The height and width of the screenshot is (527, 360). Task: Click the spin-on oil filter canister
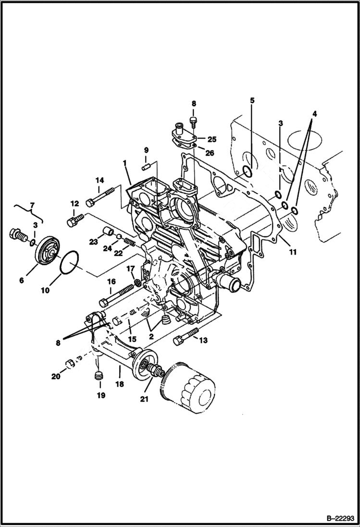(188, 389)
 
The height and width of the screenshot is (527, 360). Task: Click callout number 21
(143, 399)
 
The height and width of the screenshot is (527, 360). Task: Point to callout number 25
(212, 139)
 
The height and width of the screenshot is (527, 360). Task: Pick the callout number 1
(125, 164)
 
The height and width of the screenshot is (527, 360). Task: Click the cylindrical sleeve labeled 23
(107, 234)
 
